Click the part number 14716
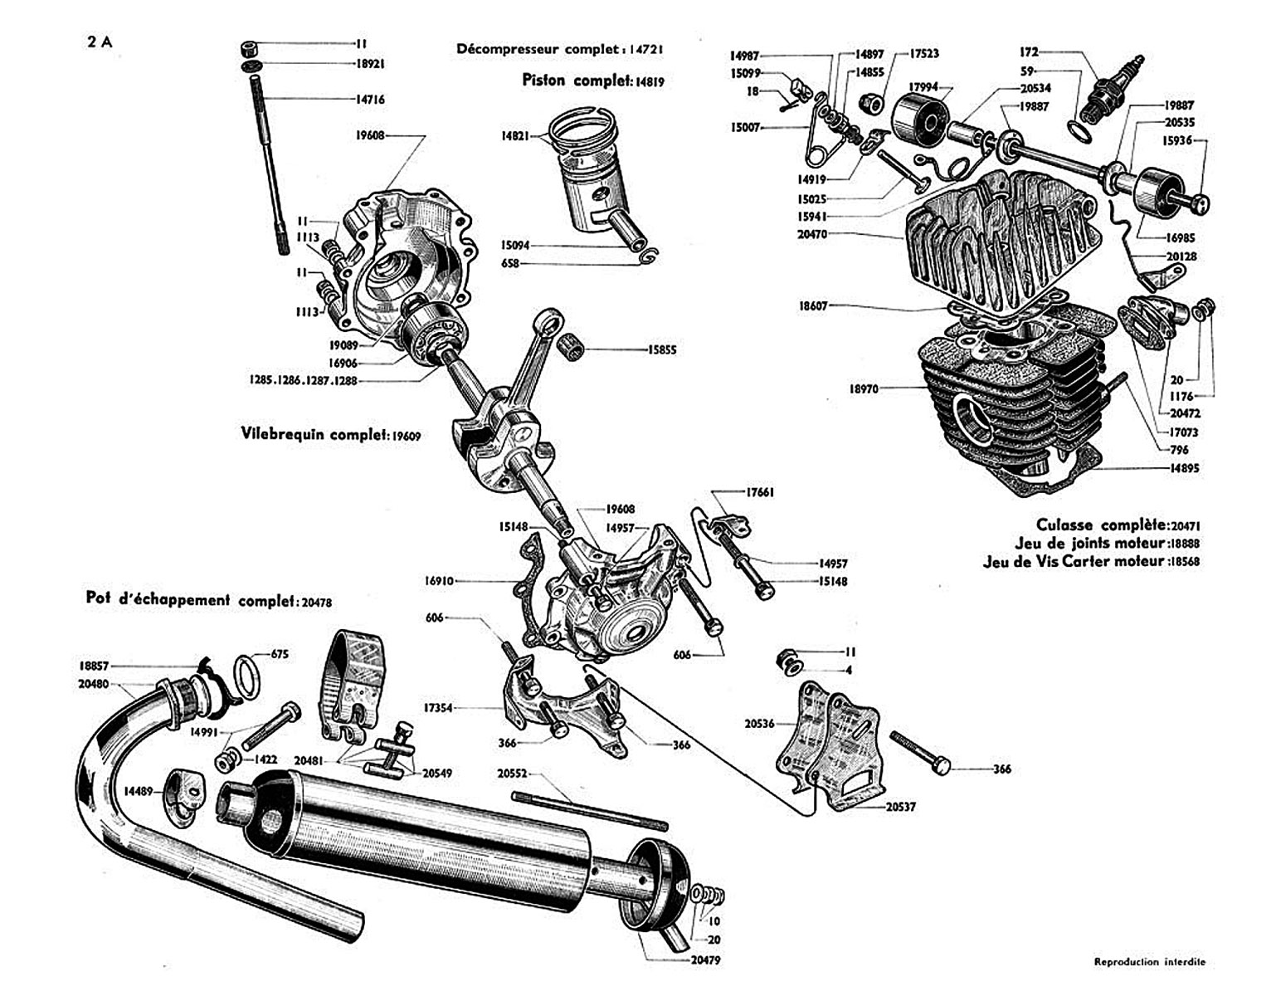coord(370,100)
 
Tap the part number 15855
coord(662,350)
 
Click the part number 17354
coord(438,709)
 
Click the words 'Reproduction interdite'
coord(1149,962)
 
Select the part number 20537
coord(900,806)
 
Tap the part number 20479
coord(704,961)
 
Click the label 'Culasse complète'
coord(1100,525)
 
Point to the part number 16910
coord(439,581)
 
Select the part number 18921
coord(370,64)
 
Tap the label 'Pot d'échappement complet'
coord(190,599)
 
